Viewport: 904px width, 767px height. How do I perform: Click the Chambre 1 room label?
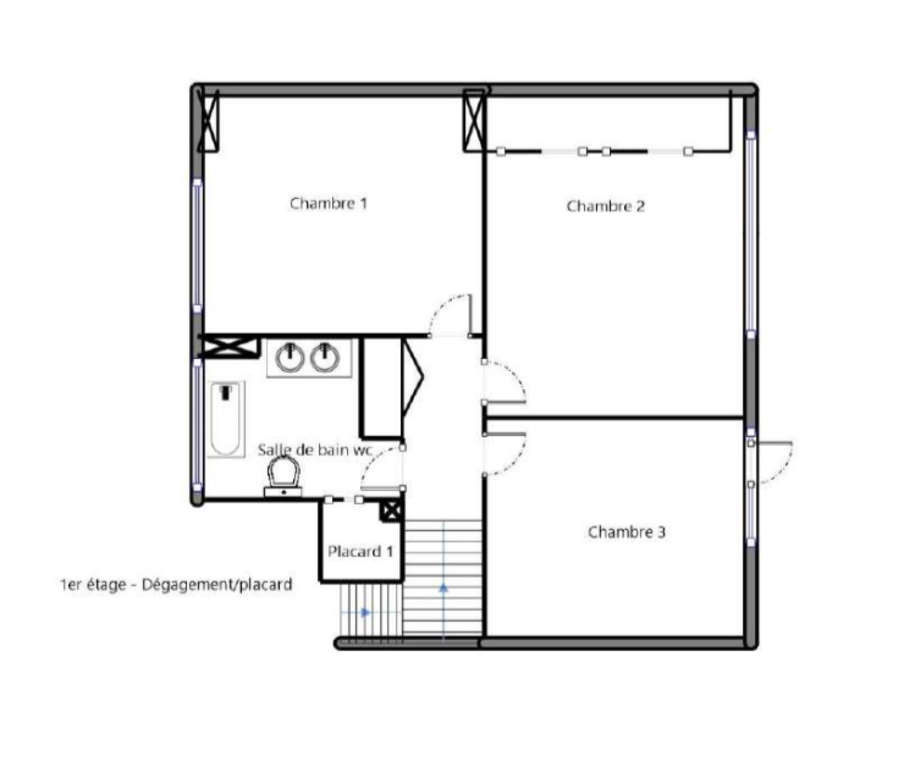click(x=328, y=203)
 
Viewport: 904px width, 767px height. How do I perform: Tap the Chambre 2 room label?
click(x=605, y=206)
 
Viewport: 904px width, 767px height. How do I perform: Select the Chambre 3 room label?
click(x=627, y=532)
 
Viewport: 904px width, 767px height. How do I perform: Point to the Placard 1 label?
click(x=360, y=551)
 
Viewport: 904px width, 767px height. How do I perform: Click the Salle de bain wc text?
click(x=315, y=450)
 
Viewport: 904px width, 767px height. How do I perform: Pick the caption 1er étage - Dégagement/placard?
click(x=176, y=584)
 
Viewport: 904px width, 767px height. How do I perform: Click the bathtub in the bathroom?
click(x=226, y=419)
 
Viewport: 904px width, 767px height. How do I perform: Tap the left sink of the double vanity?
click(x=290, y=357)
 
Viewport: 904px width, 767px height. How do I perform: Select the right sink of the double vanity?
click(x=325, y=357)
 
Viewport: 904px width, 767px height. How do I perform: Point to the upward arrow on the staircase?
click(x=444, y=588)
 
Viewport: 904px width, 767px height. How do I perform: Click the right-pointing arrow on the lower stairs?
click(x=366, y=612)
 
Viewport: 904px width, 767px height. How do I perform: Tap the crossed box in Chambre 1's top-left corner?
click(x=208, y=124)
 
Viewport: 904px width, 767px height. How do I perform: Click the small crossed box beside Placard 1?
click(x=391, y=511)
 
